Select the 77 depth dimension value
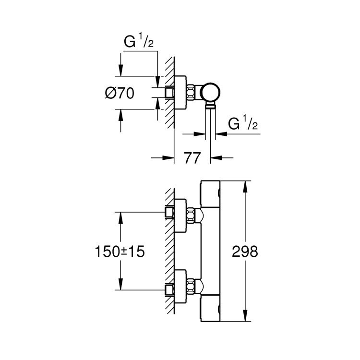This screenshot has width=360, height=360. [192, 158]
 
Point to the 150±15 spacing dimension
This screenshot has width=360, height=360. [120, 252]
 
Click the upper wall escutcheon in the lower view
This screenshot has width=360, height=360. [180, 212]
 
